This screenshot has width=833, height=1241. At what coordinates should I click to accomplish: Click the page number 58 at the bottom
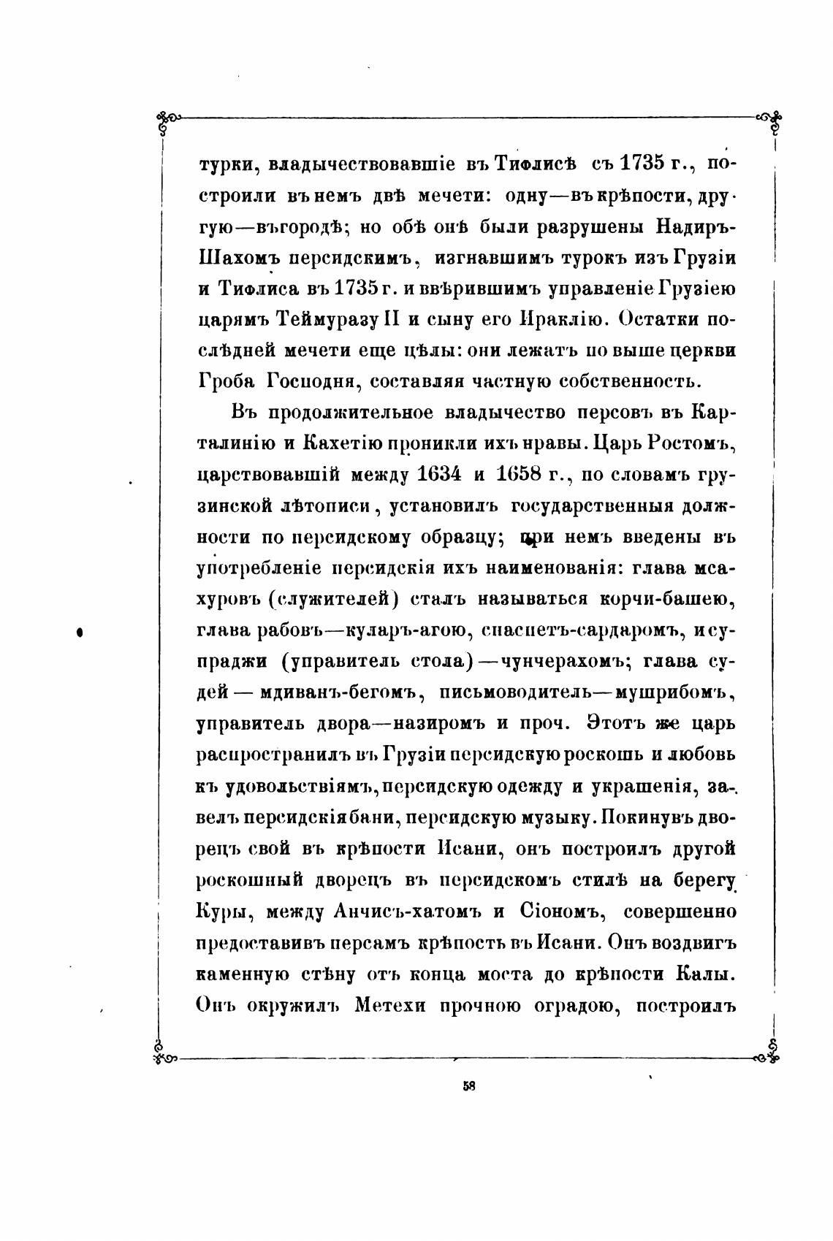(x=469, y=1085)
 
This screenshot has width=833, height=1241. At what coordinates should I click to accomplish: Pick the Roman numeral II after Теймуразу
(x=403, y=319)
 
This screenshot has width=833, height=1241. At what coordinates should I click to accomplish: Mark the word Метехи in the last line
(x=394, y=1005)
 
